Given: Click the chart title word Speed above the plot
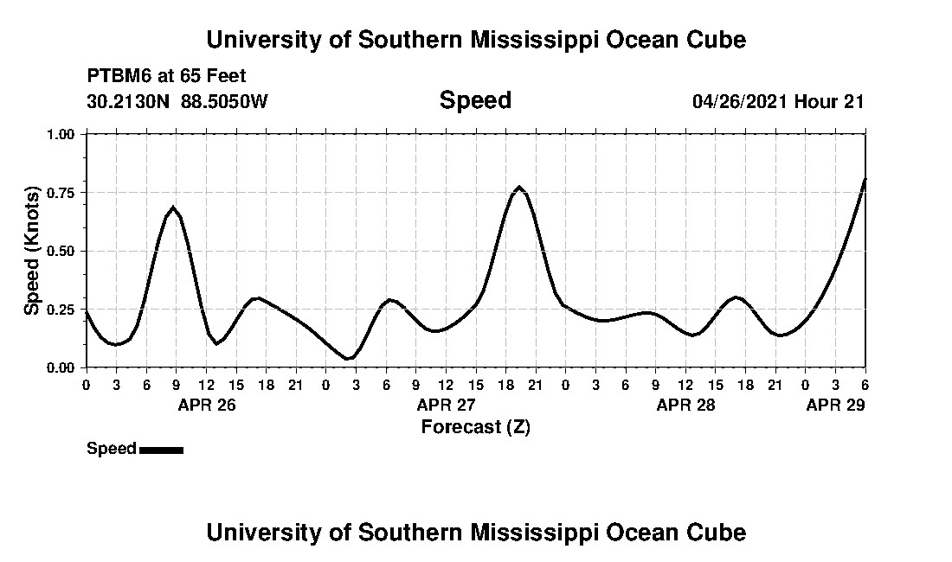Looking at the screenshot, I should [x=475, y=100].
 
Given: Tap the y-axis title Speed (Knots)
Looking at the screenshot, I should [x=32, y=250].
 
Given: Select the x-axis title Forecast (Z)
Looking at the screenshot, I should [x=475, y=426].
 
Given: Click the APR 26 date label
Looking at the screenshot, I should [x=206, y=405].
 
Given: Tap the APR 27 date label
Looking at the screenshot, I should [x=446, y=405].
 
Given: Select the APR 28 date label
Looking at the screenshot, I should [x=685, y=405].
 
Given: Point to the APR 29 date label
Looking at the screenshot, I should [x=835, y=405].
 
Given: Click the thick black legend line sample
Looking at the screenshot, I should [x=161, y=450].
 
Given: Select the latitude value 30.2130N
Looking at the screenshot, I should [x=129, y=101].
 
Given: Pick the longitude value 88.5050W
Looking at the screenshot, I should [x=224, y=101].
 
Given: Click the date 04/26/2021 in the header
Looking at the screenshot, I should [x=740, y=101].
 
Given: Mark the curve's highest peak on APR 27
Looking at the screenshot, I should [x=519, y=187].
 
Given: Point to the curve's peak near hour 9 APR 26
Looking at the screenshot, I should [x=173, y=208].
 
